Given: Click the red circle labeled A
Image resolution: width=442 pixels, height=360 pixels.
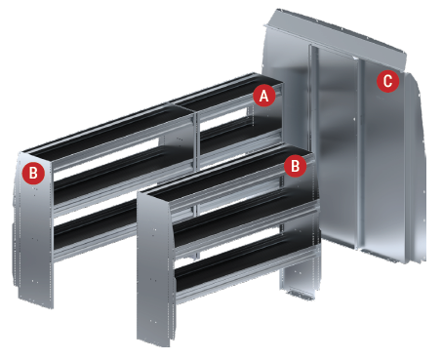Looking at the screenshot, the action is coord(264,96).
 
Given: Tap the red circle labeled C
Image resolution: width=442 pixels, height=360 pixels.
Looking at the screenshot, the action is coord(387,81).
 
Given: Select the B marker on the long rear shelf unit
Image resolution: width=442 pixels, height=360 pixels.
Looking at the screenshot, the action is coord(33,173).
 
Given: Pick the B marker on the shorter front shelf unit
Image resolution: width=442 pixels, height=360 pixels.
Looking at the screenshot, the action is coord(295,166).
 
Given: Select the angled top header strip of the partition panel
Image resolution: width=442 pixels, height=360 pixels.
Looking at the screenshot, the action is coord(335,36).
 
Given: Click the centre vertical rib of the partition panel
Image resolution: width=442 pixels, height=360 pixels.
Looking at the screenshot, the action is coord(360,153).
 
